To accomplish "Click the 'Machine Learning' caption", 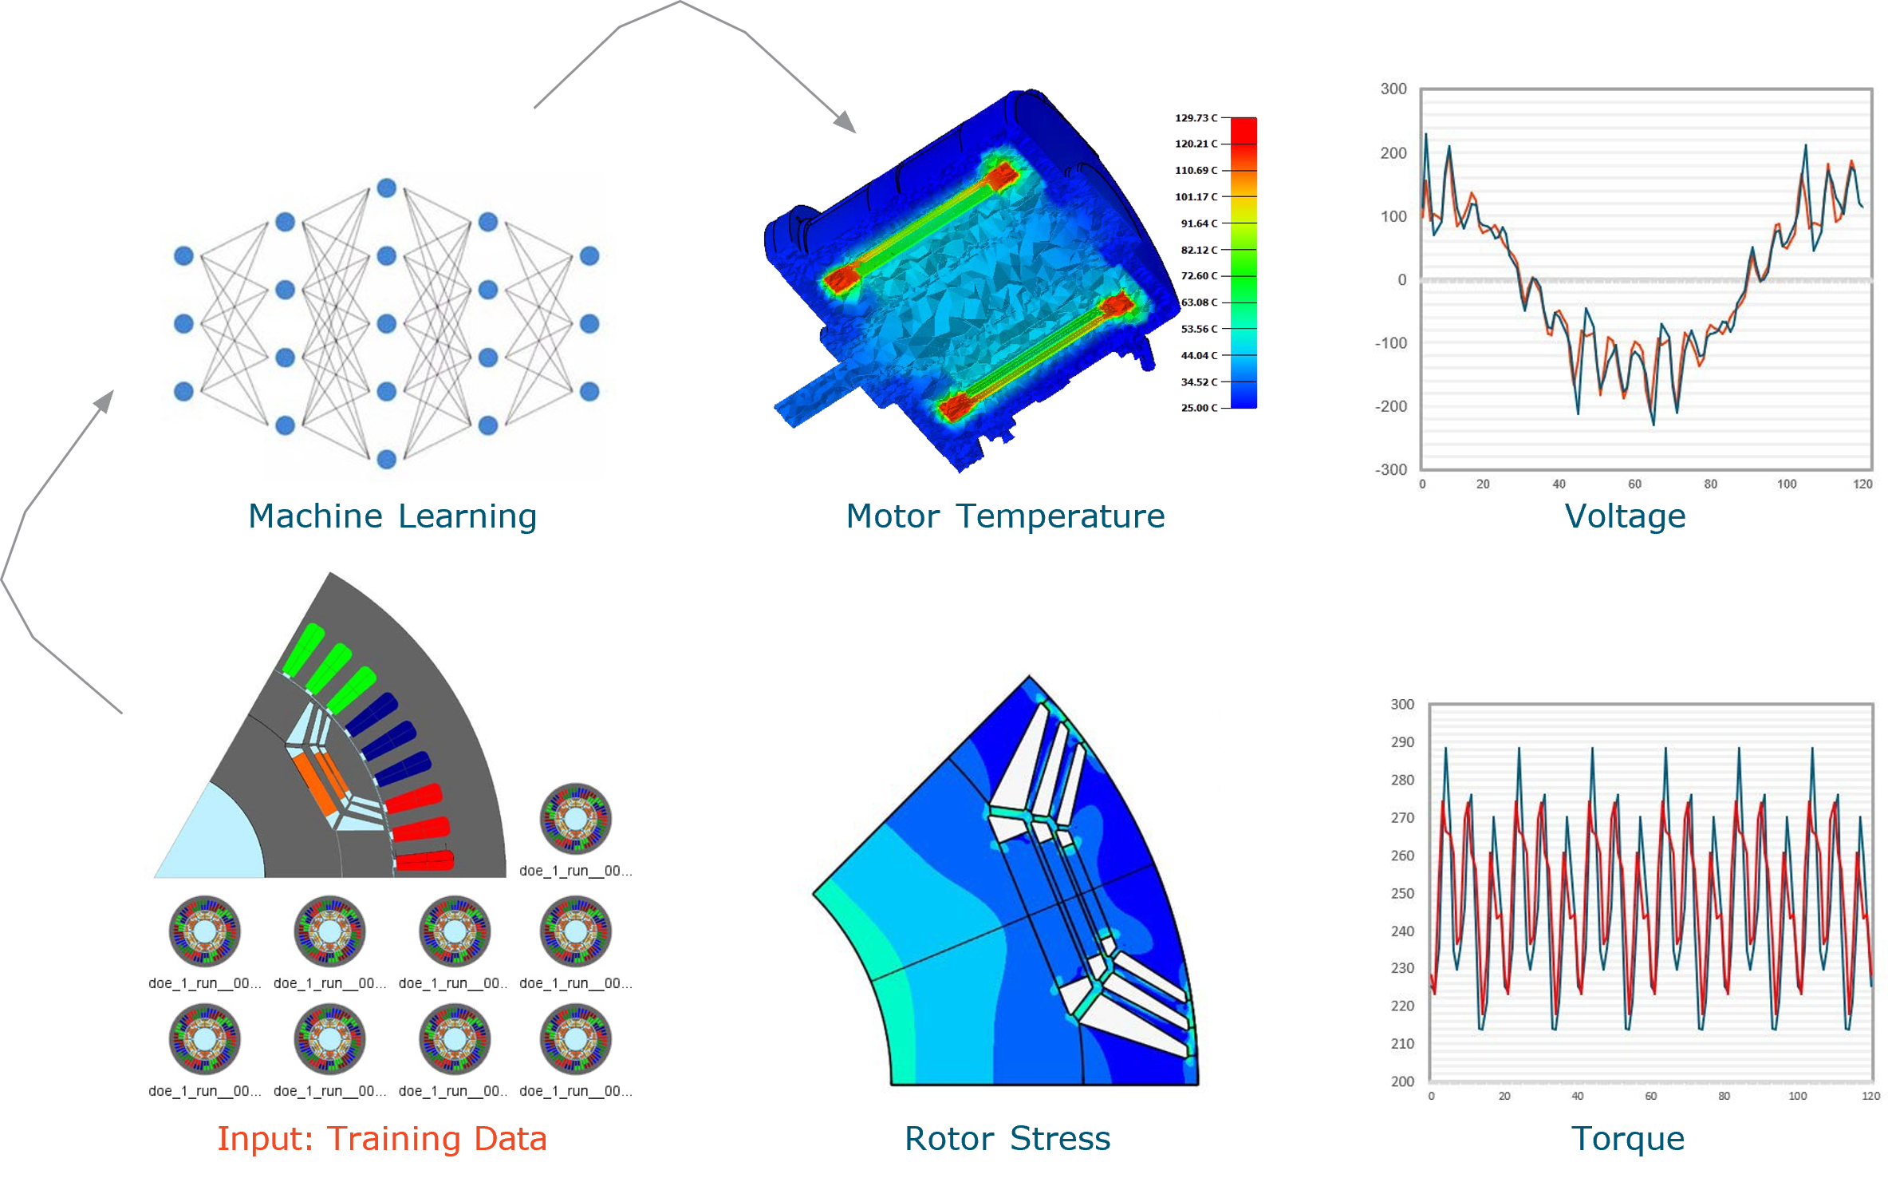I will click(x=392, y=517).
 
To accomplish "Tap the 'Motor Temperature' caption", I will click(x=1005, y=517).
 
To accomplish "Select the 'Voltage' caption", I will click(x=1625, y=517).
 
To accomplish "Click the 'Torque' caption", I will click(x=1627, y=1139).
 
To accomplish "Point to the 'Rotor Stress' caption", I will click(x=1007, y=1139).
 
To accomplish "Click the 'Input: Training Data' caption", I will click(x=381, y=1139).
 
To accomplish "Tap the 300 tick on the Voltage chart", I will click(x=1393, y=89).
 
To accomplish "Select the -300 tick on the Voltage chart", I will click(x=1391, y=470).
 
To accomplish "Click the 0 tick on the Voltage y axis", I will click(x=1401, y=280).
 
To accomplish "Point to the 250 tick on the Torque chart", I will click(x=1402, y=893).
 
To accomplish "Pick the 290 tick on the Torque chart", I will click(x=1402, y=742).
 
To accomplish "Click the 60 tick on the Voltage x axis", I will click(x=1634, y=484).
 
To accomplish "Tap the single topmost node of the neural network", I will click(x=387, y=188).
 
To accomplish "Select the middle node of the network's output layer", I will click(x=589, y=324).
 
